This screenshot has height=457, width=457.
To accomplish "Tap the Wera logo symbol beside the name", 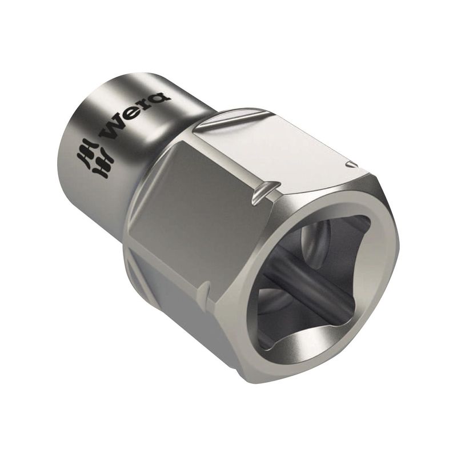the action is point(95,160).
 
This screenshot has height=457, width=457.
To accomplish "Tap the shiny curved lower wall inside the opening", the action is point(315,344).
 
